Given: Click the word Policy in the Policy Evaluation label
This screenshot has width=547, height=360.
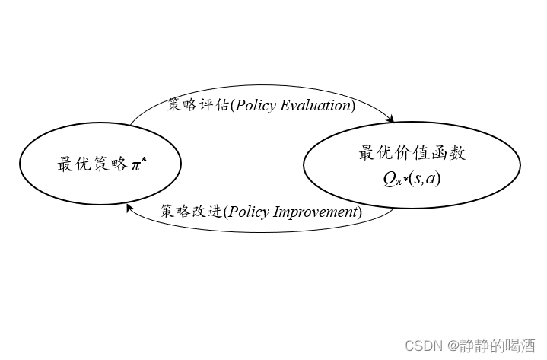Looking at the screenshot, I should pos(256,106).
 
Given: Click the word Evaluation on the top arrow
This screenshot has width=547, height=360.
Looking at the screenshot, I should pos(315,106).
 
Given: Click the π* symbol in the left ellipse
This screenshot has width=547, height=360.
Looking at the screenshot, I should pos(138,164).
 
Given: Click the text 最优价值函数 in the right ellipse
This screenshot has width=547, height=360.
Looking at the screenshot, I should pos(412,153).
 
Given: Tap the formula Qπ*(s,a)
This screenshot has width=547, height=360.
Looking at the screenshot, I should pos(412,180).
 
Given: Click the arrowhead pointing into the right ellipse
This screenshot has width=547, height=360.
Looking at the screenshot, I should pos(392,119).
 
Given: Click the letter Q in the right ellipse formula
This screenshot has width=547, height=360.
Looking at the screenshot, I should pos(388,179).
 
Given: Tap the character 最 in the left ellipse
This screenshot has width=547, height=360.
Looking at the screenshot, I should pos(65,164).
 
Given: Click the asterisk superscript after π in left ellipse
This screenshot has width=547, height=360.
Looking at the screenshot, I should pos(144,159).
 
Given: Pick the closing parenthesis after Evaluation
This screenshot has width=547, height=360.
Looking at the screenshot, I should pos(352,106).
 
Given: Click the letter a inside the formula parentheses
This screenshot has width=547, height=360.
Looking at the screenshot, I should pos(432,180).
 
